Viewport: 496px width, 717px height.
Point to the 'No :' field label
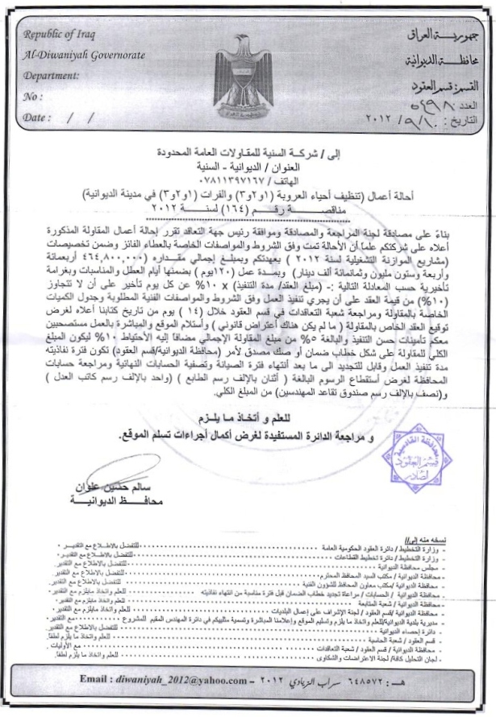pos(35,97)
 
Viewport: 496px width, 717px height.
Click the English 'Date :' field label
pos(38,118)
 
